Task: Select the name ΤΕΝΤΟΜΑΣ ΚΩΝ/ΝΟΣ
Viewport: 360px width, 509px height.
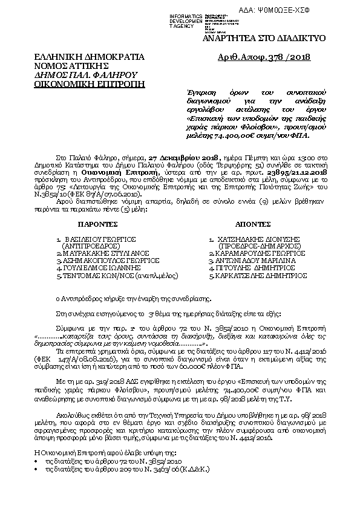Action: pyautogui.click(x=94, y=274)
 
